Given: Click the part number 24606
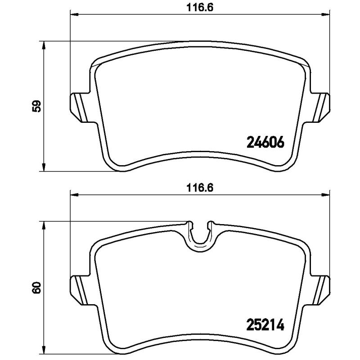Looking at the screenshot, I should (265, 143).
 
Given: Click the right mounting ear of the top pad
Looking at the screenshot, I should (321, 107).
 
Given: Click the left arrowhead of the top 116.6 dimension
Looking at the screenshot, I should (73, 15).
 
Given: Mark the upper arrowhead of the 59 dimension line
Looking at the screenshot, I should (43, 45).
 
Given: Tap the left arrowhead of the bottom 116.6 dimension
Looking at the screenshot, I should (73, 195).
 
